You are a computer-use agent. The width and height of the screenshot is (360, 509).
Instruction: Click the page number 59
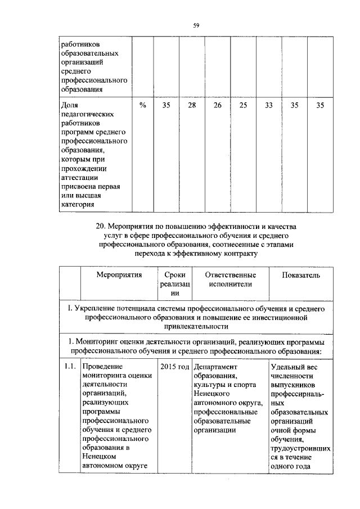(x=196, y=25)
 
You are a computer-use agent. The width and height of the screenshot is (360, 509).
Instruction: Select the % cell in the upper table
(x=143, y=105)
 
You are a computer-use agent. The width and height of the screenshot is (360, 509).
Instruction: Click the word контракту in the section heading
(x=240, y=254)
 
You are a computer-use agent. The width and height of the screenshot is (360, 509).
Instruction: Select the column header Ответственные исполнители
(x=230, y=280)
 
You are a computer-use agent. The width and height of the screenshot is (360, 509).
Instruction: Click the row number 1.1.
(x=69, y=367)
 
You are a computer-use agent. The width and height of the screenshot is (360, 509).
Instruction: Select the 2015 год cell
(x=174, y=367)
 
